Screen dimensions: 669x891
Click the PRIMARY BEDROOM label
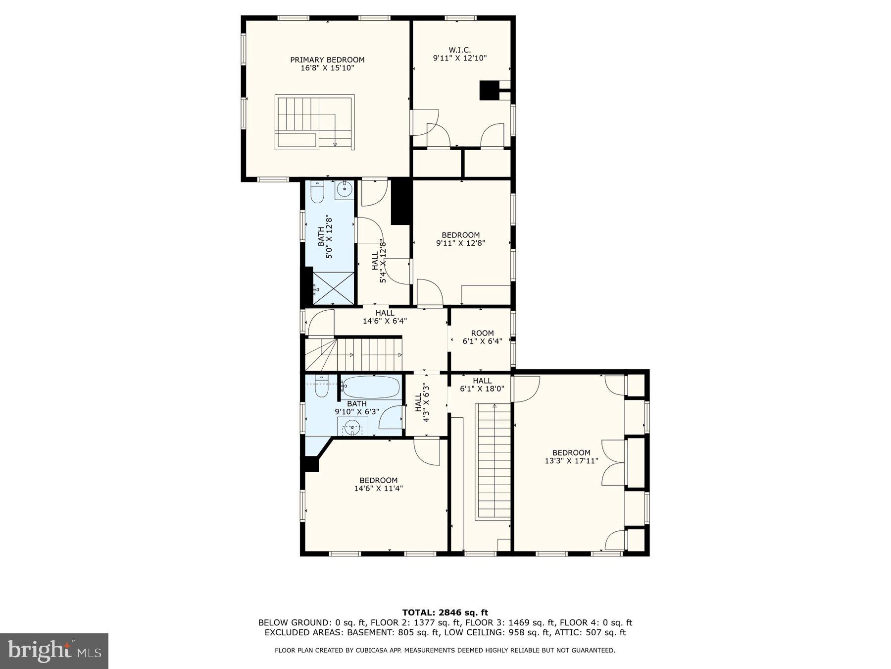[x=327, y=60]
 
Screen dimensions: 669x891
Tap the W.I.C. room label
[x=459, y=50]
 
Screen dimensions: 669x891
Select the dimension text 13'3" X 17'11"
[x=571, y=461]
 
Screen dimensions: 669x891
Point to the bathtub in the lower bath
[x=371, y=387]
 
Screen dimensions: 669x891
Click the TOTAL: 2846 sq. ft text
[x=445, y=613]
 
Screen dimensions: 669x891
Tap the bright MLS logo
[x=54, y=651]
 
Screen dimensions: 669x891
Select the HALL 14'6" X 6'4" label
[x=385, y=317]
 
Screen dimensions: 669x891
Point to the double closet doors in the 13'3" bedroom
[x=612, y=462]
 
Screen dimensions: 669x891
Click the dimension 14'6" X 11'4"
[x=378, y=489]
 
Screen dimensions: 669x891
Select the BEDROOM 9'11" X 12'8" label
[x=460, y=239]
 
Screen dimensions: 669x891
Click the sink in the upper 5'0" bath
[x=345, y=189]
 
